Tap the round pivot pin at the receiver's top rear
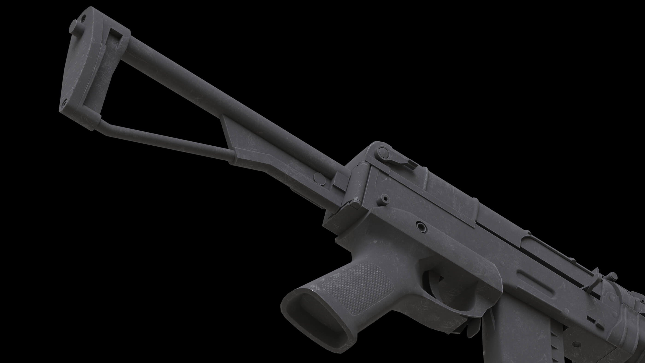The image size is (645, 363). coord(382,151)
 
